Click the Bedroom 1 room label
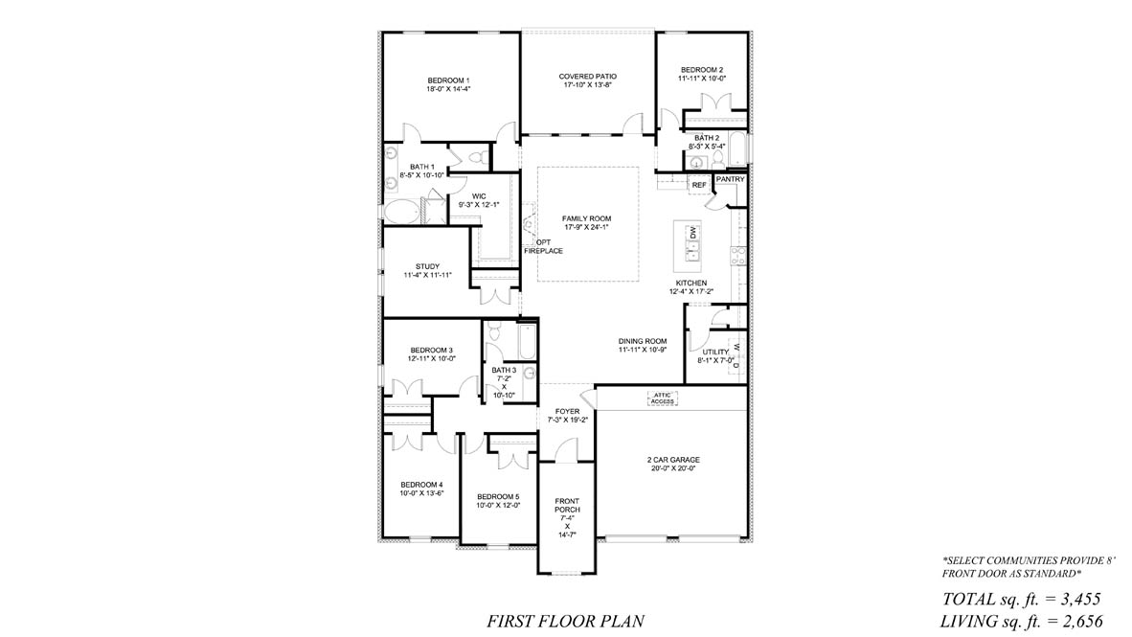(448, 80)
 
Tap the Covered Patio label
(588, 77)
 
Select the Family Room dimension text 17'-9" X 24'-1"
(587, 227)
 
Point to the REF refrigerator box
(699, 186)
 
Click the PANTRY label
(730, 179)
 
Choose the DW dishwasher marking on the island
(693, 234)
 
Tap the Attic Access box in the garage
(662, 398)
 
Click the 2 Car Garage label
(673, 460)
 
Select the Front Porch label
(567, 506)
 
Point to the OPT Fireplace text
(543, 246)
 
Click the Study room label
(427, 266)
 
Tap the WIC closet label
(479, 195)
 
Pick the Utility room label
(715, 353)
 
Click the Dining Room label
(642, 341)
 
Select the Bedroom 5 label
(498, 497)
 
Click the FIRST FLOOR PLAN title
(565, 621)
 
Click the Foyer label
(568, 412)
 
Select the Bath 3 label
(504, 370)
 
